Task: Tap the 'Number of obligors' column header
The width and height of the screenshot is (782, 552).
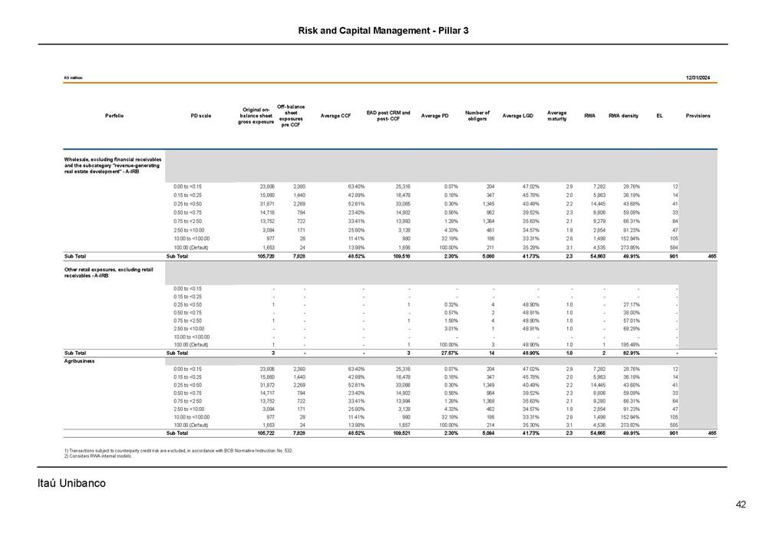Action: pyautogui.click(x=477, y=116)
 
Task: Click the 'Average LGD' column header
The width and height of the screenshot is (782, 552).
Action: pyautogui.click(x=517, y=116)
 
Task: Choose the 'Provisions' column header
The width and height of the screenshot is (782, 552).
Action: pyautogui.click(x=698, y=116)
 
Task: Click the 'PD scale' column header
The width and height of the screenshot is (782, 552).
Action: pyautogui.click(x=200, y=116)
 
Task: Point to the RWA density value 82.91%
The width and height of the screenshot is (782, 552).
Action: pyautogui.click(x=629, y=353)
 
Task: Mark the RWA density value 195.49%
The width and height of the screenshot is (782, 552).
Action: pyautogui.click(x=629, y=344)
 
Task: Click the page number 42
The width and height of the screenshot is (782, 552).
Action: pyautogui.click(x=741, y=504)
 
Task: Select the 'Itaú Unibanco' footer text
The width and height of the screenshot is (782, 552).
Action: pyautogui.click(x=71, y=483)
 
